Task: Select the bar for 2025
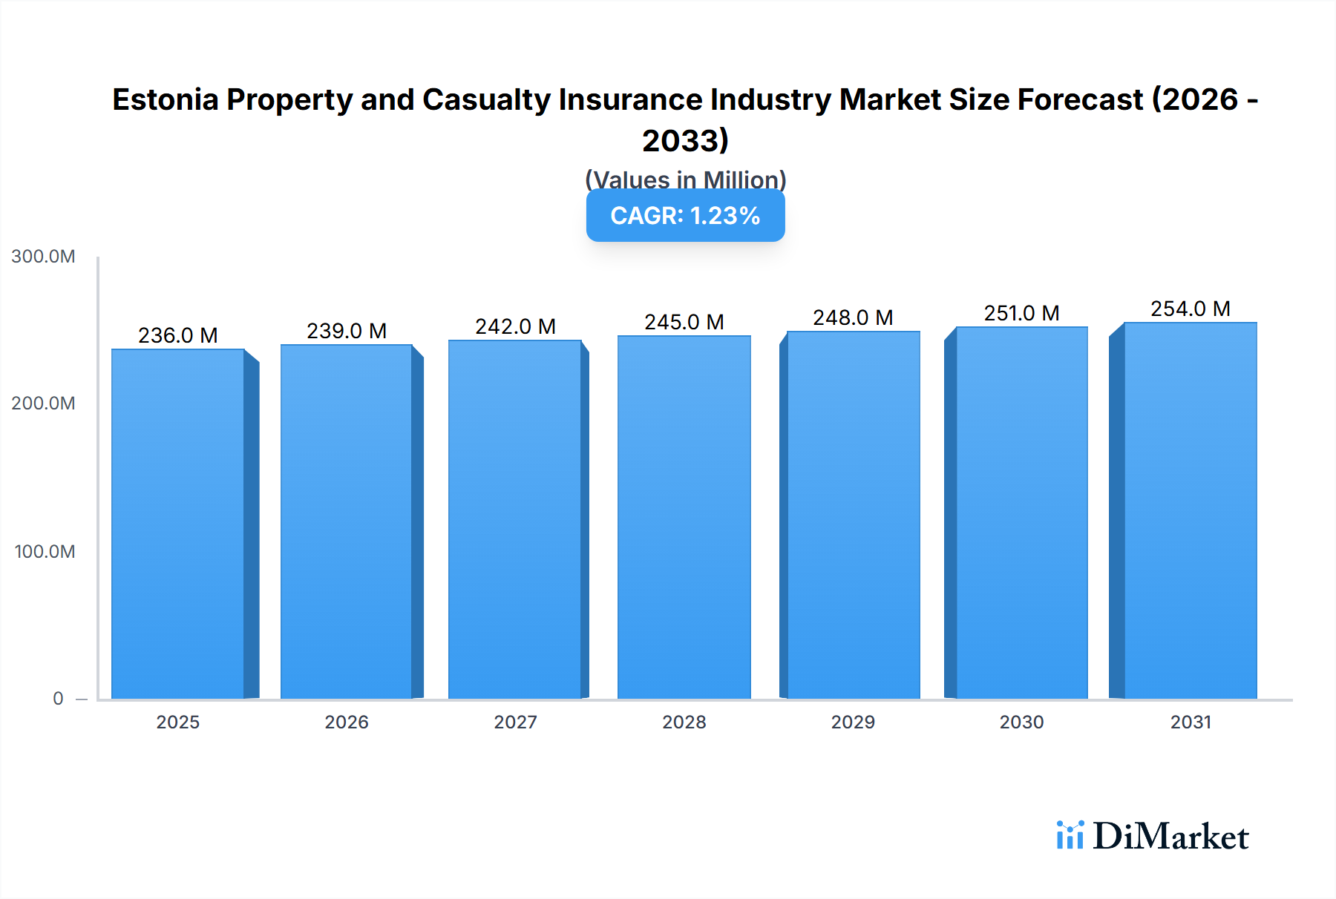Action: pyautogui.click(x=178, y=524)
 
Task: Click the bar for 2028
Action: pyautogui.click(x=684, y=517)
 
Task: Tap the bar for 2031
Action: pyautogui.click(x=1190, y=510)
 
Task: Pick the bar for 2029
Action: pyautogui.click(x=853, y=515)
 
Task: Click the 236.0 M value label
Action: pyautogui.click(x=178, y=335)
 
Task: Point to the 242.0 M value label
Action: pyautogui.click(x=515, y=326)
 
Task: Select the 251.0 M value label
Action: pyautogui.click(x=1021, y=313)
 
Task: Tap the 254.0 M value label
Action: pyautogui.click(x=1190, y=309)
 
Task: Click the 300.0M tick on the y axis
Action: pyautogui.click(x=43, y=257)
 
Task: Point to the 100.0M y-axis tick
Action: pyautogui.click(x=45, y=552)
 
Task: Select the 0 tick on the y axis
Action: pyautogui.click(x=58, y=699)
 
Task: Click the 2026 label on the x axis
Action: pyautogui.click(x=347, y=722)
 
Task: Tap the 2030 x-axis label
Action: pyautogui.click(x=1021, y=722)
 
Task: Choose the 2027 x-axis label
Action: pyautogui.click(x=515, y=722)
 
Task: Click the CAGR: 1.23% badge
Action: pyautogui.click(x=685, y=216)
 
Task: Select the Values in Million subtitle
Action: pyautogui.click(x=685, y=180)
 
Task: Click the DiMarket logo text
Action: pyautogui.click(x=1170, y=837)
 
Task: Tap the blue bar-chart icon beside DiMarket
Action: pyautogui.click(x=1070, y=835)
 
